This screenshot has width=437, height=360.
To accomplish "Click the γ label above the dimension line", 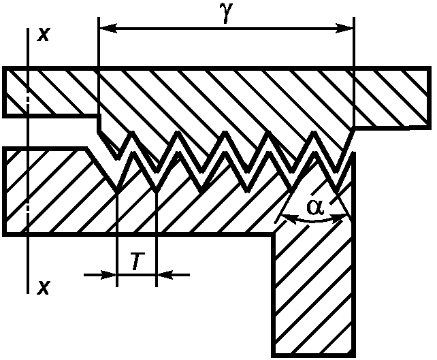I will pyautogui.click(x=227, y=14).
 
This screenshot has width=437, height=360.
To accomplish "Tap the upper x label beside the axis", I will pyautogui.click(x=43, y=35).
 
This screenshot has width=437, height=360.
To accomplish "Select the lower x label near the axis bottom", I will pyautogui.click(x=43, y=288).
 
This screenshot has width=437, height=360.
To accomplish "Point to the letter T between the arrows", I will pyautogui.click(x=136, y=261).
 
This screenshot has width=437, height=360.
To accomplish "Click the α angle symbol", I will pyautogui.click(x=314, y=207).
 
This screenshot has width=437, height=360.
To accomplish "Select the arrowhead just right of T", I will pyautogui.click(x=165, y=275).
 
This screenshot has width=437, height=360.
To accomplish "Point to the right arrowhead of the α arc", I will pyautogui.click(x=343, y=217).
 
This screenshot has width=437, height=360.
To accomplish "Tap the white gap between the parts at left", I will pyautogui.click(x=48, y=131).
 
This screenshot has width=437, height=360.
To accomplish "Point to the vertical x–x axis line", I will pyautogui.click(x=27, y=259).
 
